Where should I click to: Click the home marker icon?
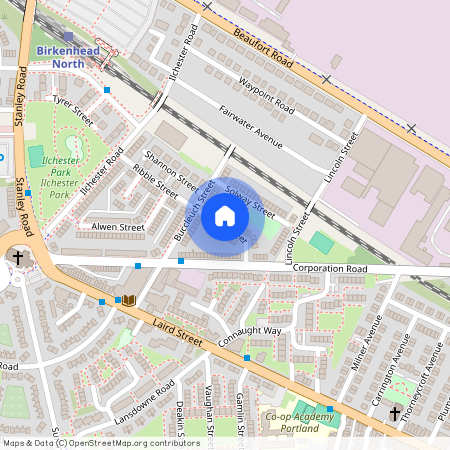(x=225, y=215)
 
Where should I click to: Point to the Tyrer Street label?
(x=73, y=109)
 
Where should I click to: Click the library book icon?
(x=128, y=300)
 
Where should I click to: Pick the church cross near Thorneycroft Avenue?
(x=394, y=413)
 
